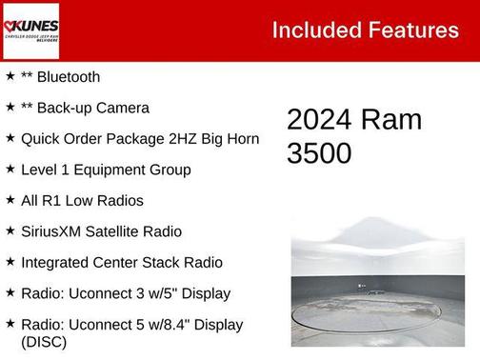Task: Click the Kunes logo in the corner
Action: [30, 30]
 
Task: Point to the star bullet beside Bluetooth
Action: [10, 76]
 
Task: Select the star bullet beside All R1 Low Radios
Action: [10, 200]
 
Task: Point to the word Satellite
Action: [125, 231]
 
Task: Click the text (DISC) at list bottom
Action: [44, 341]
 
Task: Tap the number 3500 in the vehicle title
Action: [319, 153]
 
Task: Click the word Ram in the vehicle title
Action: [392, 119]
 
